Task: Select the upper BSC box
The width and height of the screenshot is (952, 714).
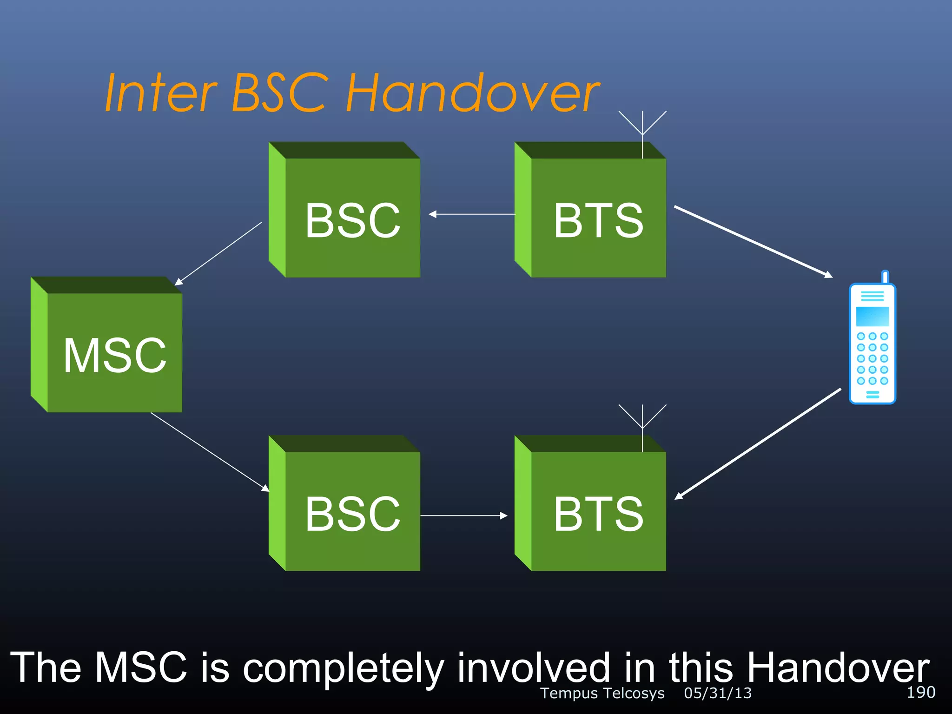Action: (352, 218)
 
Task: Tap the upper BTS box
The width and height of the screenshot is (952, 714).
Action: (598, 218)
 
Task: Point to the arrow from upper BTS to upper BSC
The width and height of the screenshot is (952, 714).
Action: (471, 214)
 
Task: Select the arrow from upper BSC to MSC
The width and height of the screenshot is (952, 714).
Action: (218, 254)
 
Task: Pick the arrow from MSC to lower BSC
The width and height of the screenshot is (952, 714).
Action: (210, 451)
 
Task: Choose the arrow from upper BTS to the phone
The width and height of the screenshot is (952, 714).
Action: (753, 242)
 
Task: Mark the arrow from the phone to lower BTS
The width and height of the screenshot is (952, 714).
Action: (758, 444)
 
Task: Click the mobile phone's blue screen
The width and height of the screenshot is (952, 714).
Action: (872, 316)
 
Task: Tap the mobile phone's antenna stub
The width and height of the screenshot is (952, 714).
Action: (885, 277)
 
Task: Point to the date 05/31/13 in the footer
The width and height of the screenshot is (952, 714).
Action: (718, 693)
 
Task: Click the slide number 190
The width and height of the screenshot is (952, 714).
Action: (921, 692)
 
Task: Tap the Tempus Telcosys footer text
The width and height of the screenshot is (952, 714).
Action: (602, 693)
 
